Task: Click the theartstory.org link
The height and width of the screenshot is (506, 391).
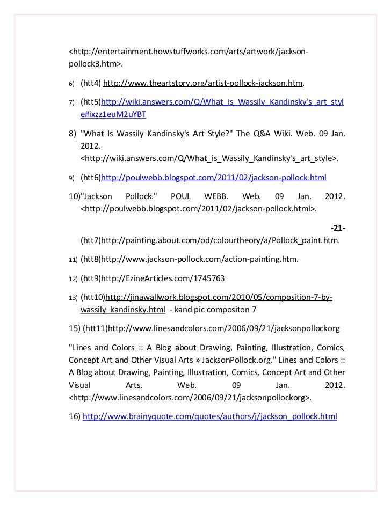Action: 203,84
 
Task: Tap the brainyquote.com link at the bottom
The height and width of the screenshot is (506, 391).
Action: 210,416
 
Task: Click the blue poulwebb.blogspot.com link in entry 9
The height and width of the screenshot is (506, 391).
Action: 214,177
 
